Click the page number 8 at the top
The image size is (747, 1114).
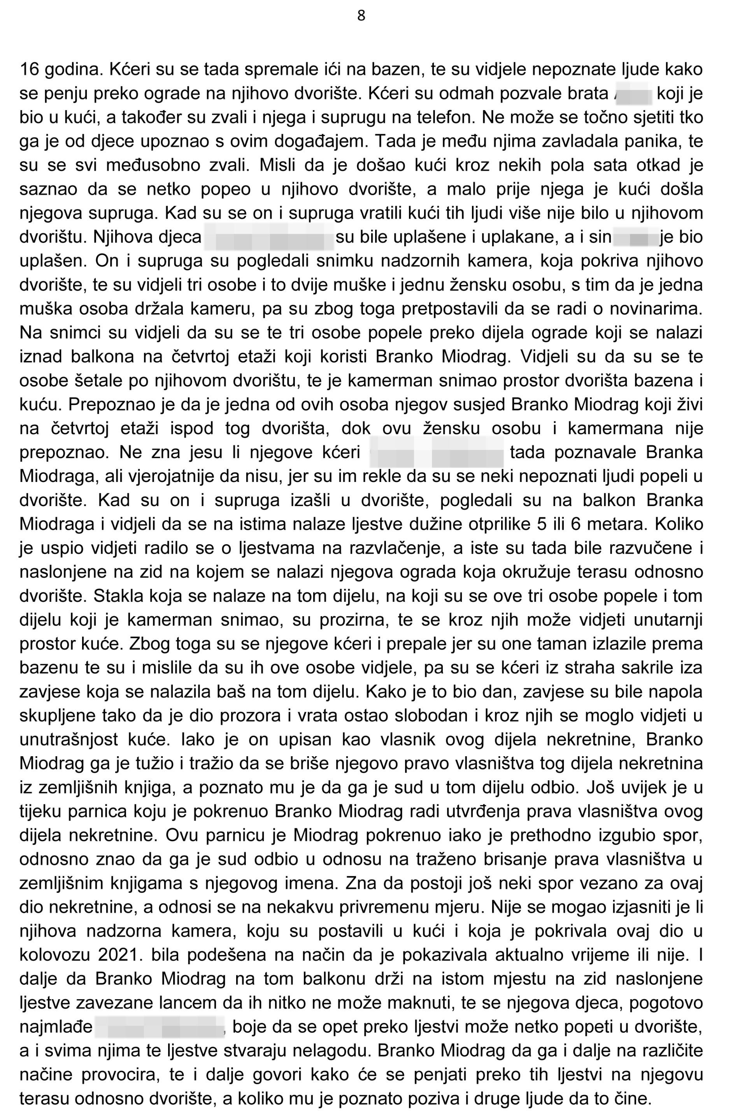tap(361, 16)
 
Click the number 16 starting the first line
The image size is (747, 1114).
tap(30, 70)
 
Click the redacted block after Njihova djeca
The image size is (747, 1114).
tap(269, 237)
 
